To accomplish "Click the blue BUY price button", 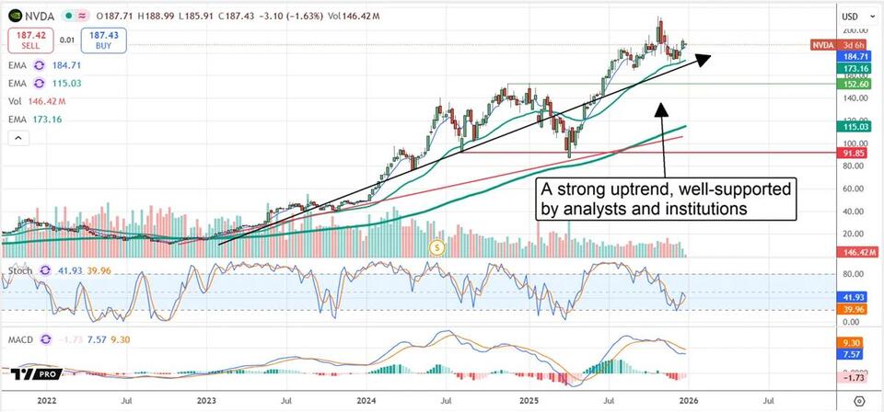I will (103, 40).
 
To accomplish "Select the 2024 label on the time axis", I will (366, 401).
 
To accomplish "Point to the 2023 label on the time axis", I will (205, 401).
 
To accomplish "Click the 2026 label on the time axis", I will (687, 401).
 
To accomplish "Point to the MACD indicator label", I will (22, 340).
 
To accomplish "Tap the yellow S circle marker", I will (437, 246).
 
